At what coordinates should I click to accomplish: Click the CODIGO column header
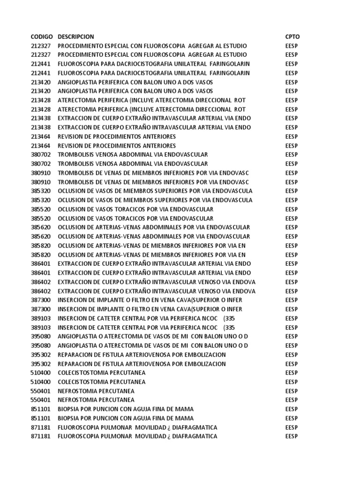[x=42, y=37]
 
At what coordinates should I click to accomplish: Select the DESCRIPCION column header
[x=76, y=37]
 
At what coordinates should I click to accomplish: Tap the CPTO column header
[x=292, y=37]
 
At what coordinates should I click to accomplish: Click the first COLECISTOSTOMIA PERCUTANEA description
[x=101, y=373]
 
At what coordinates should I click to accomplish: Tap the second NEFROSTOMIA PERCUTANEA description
[x=96, y=400]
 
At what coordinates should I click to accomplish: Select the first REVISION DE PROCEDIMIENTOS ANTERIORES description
[x=117, y=137]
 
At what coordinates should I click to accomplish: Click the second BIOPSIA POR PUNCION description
[x=125, y=418]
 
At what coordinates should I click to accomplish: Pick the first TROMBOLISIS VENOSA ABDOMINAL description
[x=133, y=155]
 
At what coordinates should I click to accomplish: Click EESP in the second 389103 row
[x=292, y=327]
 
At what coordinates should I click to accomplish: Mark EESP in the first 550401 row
[x=292, y=391]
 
